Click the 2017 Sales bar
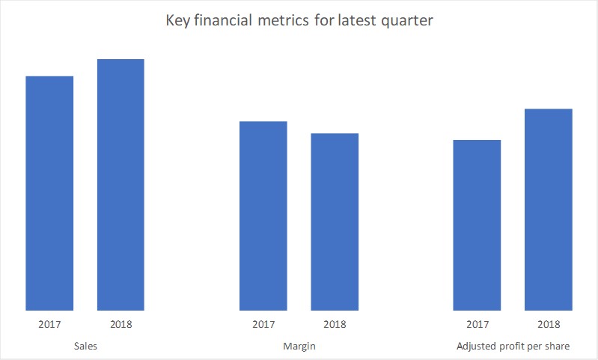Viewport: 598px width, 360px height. click(x=49, y=193)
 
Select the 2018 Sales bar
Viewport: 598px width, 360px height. click(x=120, y=184)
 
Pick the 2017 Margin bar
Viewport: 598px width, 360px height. click(x=263, y=216)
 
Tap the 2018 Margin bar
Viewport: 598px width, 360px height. click(x=335, y=222)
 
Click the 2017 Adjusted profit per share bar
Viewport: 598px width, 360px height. click(x=477, y=225)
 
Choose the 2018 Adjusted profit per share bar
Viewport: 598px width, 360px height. click(x=548, y=210)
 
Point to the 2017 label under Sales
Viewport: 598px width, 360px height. click(x=49, y=325)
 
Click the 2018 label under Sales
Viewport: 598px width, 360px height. click(x=120, y=325)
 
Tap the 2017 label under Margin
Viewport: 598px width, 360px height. click(x=263, y=325)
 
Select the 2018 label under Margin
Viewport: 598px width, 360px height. click(x=335, y=325)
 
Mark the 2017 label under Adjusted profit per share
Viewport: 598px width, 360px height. click(x=477, y=325)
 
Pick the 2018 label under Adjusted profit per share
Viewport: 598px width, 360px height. click(x=548, y=325)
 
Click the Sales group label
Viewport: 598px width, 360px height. click(x=85, y=347)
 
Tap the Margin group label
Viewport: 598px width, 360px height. click(x=299, y=347)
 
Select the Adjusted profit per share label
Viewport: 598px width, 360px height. click(x=513, y=347)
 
